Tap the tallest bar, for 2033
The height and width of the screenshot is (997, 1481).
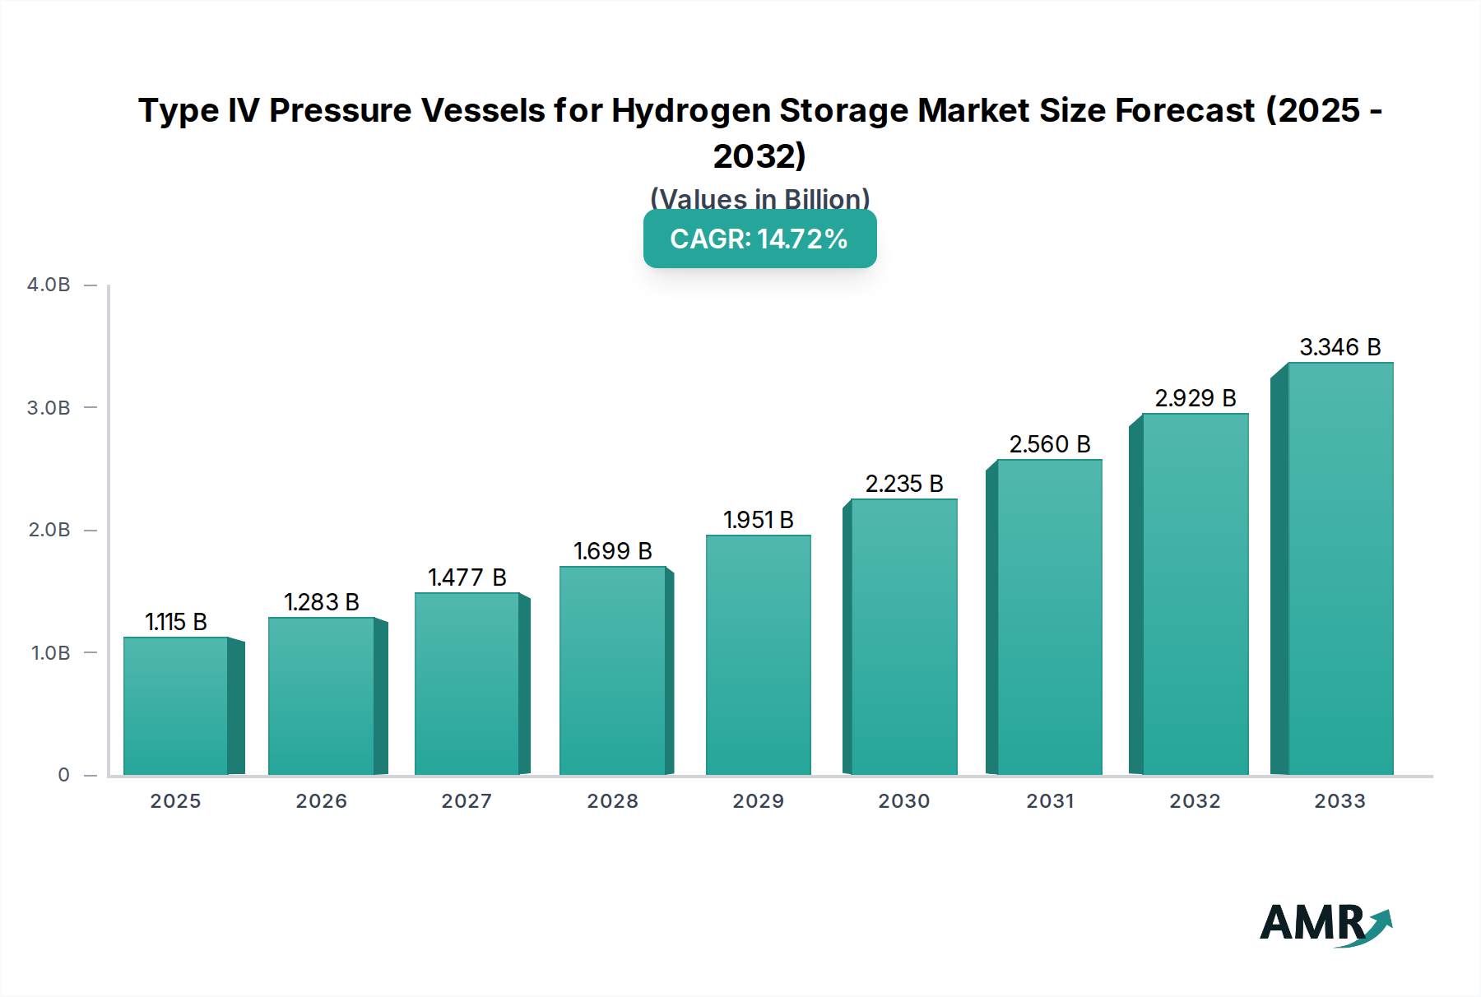coord(1339,568)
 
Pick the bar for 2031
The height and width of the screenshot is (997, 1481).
coord(1049,617)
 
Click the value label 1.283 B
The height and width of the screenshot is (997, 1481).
coord(322,602)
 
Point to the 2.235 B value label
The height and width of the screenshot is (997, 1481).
coord(904,484)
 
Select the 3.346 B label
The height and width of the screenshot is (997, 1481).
coord(1339,347)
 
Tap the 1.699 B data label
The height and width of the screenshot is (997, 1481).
coord(613,551)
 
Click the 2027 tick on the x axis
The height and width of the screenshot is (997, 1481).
coord(467,801)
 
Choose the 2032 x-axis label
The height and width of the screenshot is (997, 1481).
coord(1195,801)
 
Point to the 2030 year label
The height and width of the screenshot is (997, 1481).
coord(903,801)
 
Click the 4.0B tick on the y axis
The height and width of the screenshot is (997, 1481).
coord(49,285)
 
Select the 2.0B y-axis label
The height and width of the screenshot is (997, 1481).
coord(49,530)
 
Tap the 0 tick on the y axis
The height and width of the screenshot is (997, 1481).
coord(63,775)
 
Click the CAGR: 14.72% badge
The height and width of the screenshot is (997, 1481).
coord(759,239)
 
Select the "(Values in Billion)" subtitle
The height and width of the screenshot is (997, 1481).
coord(759,198)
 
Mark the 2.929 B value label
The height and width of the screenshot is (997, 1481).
coord(1195,398)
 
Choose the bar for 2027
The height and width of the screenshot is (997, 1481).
coord(467,684)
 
